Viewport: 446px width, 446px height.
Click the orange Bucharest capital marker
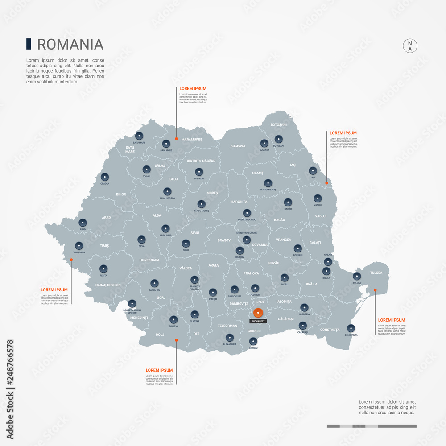258,313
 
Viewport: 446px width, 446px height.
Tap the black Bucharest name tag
258,321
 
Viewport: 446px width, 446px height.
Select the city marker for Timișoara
79,245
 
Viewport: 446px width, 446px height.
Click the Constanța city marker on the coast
351,328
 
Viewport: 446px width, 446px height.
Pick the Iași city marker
313,171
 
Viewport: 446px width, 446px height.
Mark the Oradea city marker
105,177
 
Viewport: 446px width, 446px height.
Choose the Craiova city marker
173,319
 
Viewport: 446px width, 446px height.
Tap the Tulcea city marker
357,276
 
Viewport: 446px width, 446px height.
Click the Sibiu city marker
186,244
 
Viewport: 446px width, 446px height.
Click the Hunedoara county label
149,260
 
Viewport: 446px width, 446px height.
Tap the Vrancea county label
283,240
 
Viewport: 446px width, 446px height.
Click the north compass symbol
409,46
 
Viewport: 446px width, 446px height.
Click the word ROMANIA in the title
70,44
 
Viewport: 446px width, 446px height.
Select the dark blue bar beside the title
29,44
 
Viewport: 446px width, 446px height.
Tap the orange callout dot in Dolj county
176,340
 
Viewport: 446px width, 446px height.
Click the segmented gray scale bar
372,426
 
